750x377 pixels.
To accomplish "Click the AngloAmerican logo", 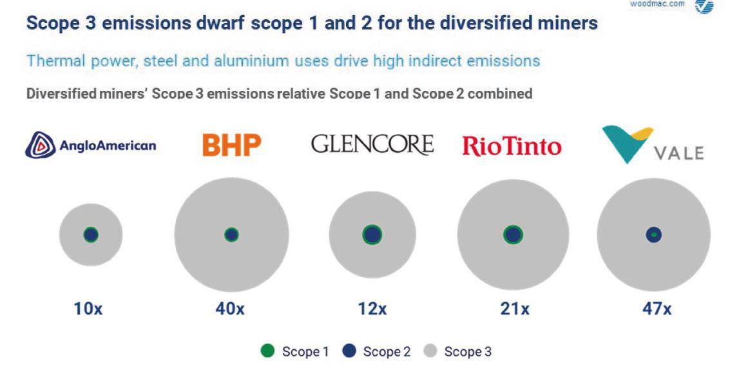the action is pyautogui.click(x=90, y=145).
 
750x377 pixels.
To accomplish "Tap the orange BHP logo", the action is pyautogui.click(x=231, y=145).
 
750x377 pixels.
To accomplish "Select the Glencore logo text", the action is pyautogui.click(x=372, y=144).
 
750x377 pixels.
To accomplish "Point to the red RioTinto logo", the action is pyautogui.click(x=512, y=146).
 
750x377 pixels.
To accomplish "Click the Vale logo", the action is pyautogui.click(x=653, y=144).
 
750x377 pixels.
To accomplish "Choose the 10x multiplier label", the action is pyautogui.click(x=88, y=309).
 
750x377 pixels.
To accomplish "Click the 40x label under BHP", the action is pyautogui.click(x=230, y=309).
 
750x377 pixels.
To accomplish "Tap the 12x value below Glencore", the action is pyautogui.click(x=372, y=309).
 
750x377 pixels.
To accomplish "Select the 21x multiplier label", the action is pyautogui.click(x=515, y=309).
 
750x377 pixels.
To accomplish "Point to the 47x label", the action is pyautogui.click(x=657, y=309).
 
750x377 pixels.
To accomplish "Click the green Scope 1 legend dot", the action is pyautogui.click(x=267, y=351).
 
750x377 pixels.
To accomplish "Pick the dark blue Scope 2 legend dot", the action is pyautogui.click(x=350, y=351).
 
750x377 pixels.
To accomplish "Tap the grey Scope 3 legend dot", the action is pyautogui.click(x=430, y=351).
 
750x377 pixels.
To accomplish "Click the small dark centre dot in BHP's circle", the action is pyautogui.click(x=231, y=235).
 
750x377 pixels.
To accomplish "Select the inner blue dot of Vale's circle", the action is pyautogui.click(x=653, y=235).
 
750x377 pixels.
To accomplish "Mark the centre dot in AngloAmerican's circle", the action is pyautogui.click(x=91, y=235).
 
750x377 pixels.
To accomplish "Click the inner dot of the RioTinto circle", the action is pyautogui.click(x=513, y=235).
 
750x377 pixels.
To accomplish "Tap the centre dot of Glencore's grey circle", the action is pyautogui.click(x=372, y=235).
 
